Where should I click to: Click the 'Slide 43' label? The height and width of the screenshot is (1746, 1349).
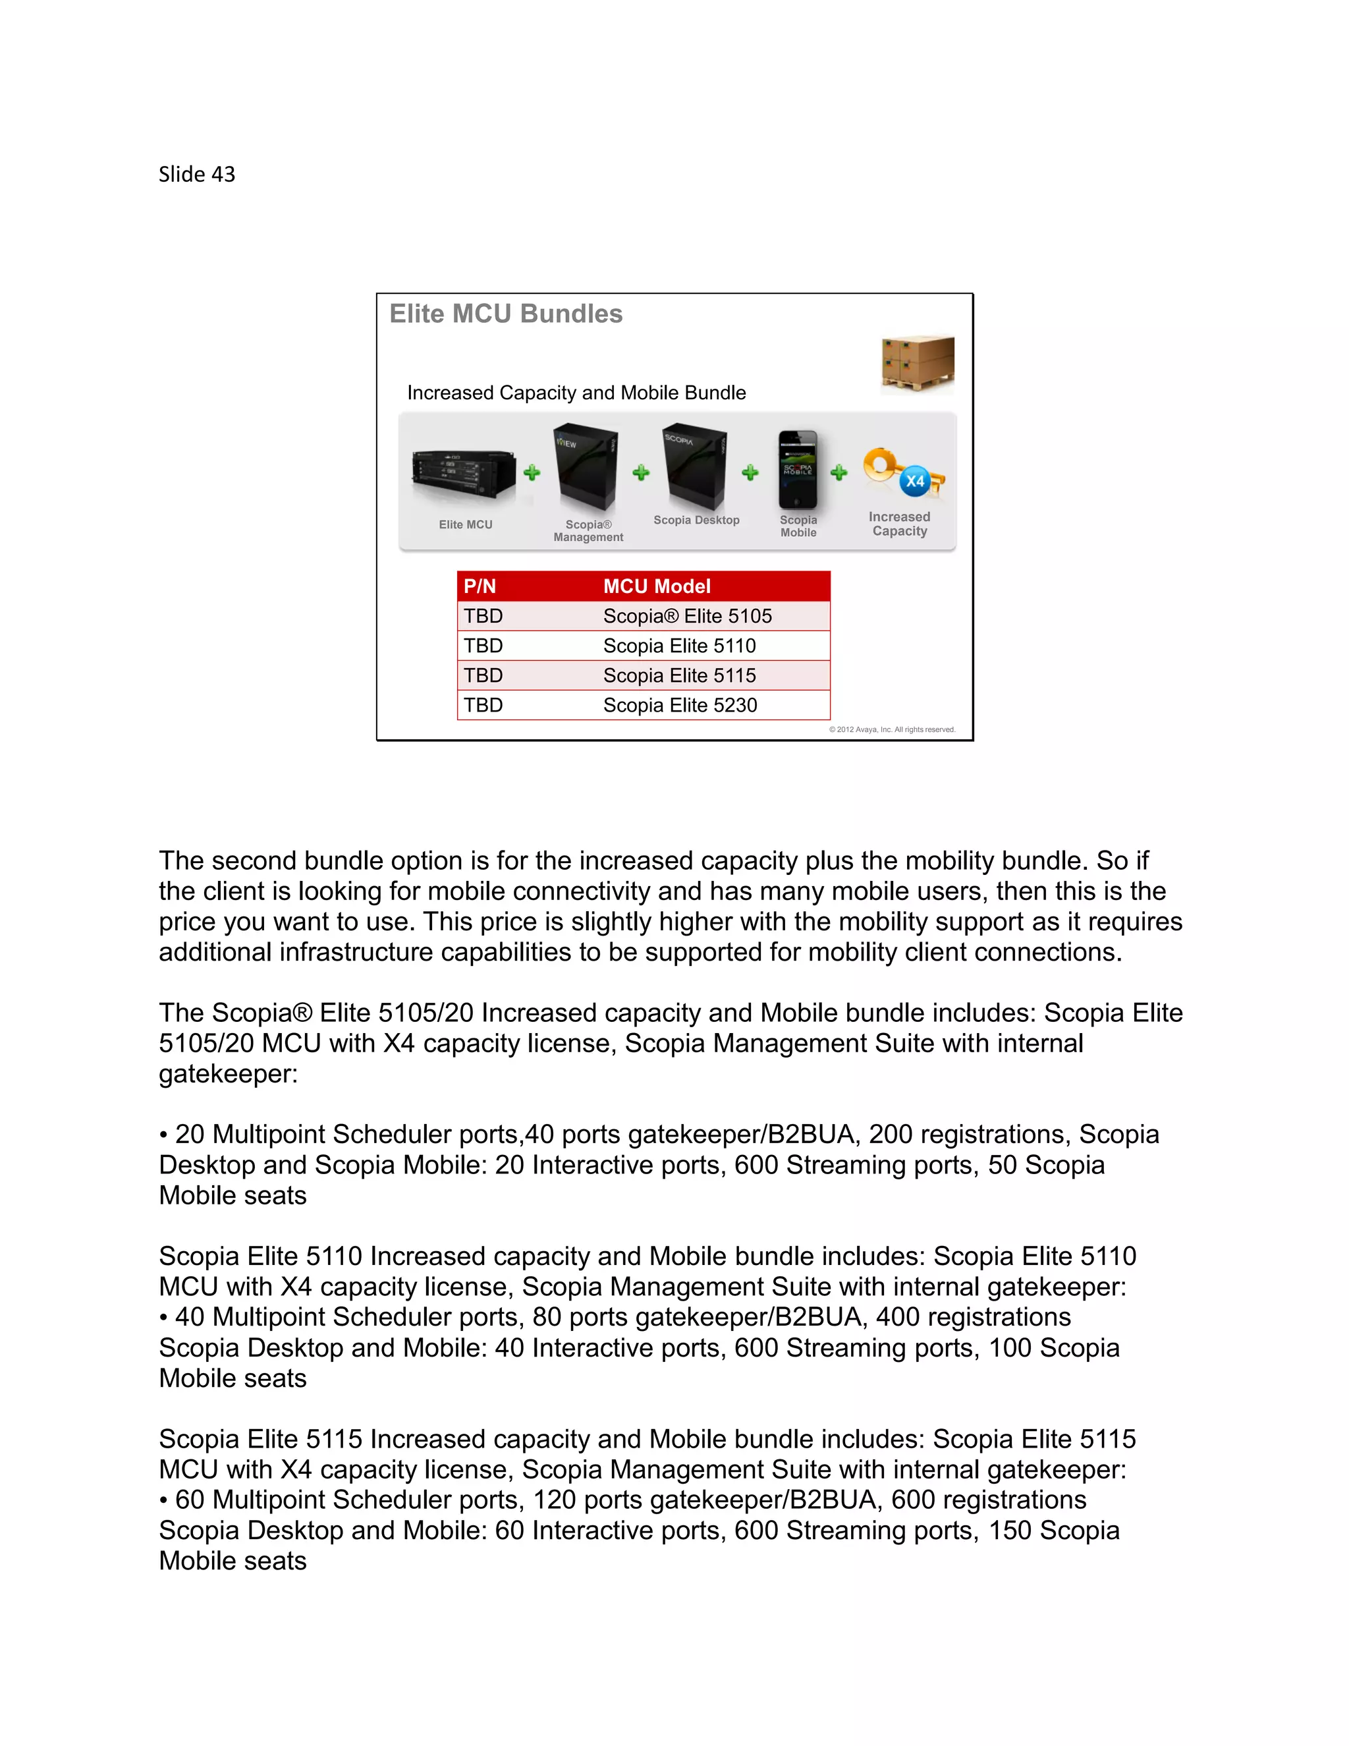[x=196, y=175]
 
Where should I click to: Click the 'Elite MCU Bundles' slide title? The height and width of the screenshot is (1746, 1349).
[x=505, y=314]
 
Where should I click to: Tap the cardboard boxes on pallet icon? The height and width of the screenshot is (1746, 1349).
[x=918, y=364]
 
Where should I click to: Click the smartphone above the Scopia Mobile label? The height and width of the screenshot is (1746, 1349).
[x=798, y=469]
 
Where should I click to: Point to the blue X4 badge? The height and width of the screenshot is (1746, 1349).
[x=914, y=481]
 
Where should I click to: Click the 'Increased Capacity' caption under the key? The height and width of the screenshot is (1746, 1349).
[x=899, y=524]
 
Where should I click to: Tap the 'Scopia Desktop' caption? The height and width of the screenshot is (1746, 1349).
[x=696, y=520]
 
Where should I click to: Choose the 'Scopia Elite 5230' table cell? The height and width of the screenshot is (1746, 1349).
[x=679, y=705]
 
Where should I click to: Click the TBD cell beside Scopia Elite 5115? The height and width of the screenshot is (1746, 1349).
[x=483, y=675]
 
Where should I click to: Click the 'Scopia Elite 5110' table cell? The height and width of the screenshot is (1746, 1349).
[x=679, y=646]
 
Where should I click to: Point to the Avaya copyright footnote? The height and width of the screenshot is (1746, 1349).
[x=892, y=729]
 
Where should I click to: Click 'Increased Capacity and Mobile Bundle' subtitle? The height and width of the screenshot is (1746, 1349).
[x=576, y=393]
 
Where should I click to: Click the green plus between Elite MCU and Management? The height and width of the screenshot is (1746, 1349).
[x=532, y=472]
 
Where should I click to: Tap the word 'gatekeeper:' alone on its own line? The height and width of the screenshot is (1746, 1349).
[x=228, y=1074]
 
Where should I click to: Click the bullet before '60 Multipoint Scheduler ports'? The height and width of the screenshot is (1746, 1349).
[x=163, y=1500]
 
